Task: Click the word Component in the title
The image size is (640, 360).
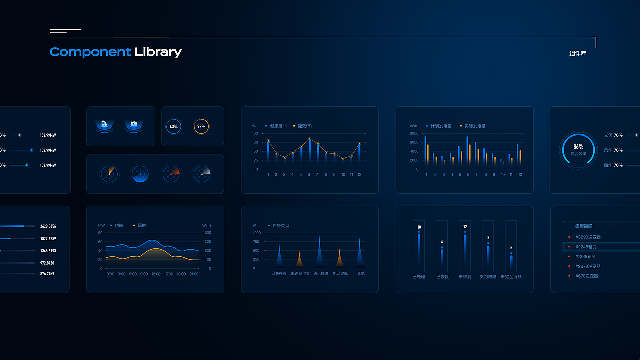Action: pyautogui.click(x=90, y=52)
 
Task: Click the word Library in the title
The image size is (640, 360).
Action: pyautogui.click(x=158, y=52)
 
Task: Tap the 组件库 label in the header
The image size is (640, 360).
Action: pyautogui.click(x=578, y=53)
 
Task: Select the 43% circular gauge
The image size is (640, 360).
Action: pyautogui.click(x=173, y=126)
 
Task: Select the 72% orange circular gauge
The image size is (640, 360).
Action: pyautogui.click(x=201, y=126)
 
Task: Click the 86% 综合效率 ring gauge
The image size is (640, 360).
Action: pyautogui.click(x=578, y=150)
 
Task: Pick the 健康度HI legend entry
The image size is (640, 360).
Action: pyautogui.click(x=276, y=126)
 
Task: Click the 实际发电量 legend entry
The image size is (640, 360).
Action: pyautogui.click(x=473, y=126)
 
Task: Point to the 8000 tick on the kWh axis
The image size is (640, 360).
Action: pyautogui.click(x=414, y=133)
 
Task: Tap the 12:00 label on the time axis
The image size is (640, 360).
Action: pyautogui.click(x=156, y=274)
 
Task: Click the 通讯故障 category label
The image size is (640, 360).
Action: pyautogui.click(x=321, y=274)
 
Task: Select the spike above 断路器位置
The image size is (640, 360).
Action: pyautogui.click(x=299, y=259)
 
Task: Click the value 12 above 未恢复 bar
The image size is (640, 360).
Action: pyautogui.click(x=465, y=227)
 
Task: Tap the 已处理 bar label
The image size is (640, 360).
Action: pyautogui.click(x=419, y=276)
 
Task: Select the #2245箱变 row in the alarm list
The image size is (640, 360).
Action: pyautogui.click(x=586, y=247)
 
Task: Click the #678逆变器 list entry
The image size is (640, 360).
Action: pyautogui.click(x=587, y=276)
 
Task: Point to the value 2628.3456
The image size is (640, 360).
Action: pyautogui.click(x=48, y=226)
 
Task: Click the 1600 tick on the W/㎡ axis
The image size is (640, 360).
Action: pyautogui.click(x=207, y=233)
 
